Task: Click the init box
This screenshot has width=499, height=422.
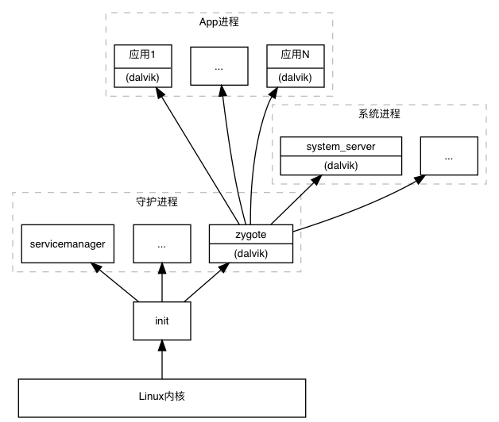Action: (x=161, y=320)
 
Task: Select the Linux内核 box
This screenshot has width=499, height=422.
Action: (x=161, y=397)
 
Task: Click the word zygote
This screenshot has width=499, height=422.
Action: (x=250, y=234)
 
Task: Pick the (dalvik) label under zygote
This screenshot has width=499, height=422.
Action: (x=250, y=254)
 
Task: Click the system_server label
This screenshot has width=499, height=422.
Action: (x=341, y=147)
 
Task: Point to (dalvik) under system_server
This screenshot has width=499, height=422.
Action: (x=341, y=166)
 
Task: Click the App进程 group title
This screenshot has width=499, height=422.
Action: (x=219, y=22)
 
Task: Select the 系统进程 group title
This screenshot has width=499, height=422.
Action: (x=379, y=113)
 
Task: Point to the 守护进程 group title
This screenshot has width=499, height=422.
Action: (x=157, y=201)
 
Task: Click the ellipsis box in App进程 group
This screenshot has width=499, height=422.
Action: (x=219, y=67)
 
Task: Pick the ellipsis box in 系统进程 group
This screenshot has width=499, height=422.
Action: (x=449, y=156)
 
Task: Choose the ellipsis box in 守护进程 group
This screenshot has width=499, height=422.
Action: (x=161, y=244)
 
